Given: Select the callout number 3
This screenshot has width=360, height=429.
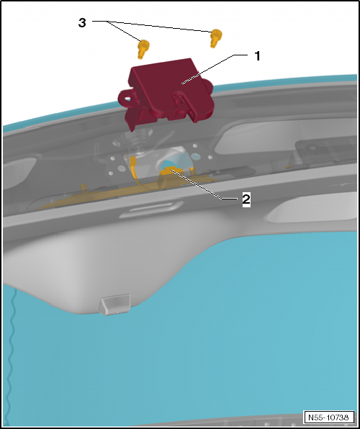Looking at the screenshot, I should pos(83,23).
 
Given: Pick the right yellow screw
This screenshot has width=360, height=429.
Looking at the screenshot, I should pos(215,38).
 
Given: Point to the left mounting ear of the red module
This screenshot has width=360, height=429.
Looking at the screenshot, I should pos(127,95).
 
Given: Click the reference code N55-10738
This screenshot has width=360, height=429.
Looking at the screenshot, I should pos(328,417).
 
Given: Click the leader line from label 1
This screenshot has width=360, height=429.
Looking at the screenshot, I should pos(209,69).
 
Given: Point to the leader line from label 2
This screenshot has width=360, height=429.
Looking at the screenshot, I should pos(209,186).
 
